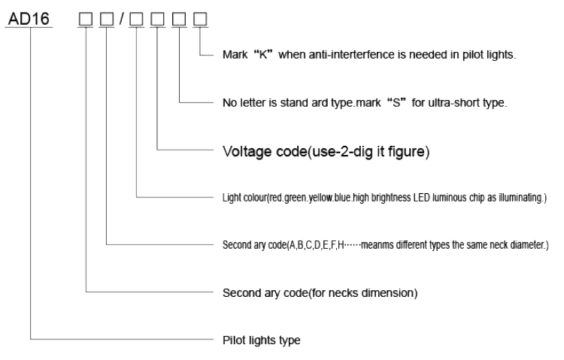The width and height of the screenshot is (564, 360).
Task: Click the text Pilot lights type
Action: (x=261, y=340)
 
